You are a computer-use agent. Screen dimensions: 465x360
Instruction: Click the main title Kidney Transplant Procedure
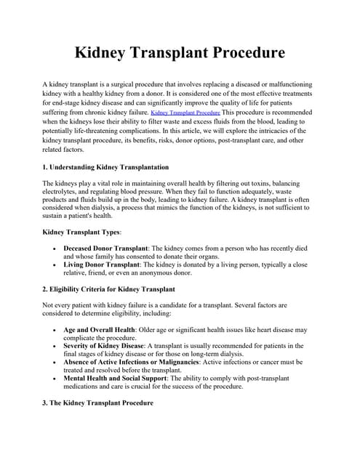point(180,54)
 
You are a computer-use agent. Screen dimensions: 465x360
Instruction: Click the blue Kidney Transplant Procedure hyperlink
point(185,114)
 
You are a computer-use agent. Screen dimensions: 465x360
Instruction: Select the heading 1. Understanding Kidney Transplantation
point(106,167)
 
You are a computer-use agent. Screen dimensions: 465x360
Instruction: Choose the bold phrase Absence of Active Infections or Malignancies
point(143,361)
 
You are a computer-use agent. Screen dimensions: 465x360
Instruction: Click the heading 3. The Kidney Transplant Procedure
point(98,402)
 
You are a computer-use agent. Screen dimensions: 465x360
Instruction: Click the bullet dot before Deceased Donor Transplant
point(57,248)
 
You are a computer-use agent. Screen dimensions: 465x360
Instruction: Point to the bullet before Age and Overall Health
point(57,330)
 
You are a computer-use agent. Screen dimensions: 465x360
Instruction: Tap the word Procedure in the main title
point(245,54)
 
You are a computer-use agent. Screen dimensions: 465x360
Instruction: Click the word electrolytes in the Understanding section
point(62,192)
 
